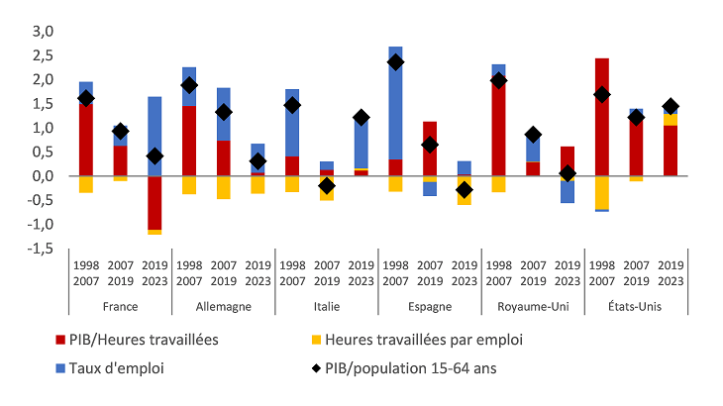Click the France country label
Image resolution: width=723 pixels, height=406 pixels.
coord(120,306)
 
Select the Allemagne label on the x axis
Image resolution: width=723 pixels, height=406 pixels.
coord(223,306)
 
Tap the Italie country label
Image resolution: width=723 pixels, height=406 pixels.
coord(326,306)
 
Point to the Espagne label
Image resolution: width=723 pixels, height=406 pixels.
coord(428,306)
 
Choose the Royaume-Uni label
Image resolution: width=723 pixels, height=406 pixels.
coord(532,306)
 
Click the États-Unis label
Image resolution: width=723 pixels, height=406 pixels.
coord(635,306)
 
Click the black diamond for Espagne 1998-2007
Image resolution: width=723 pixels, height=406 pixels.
coord(395,61)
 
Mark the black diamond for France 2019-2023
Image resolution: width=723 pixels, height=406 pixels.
coord(155,155)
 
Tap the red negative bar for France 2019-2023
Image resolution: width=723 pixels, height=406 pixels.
coord(155,202)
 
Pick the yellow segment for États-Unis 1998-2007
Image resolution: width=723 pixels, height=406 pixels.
coord(601,192)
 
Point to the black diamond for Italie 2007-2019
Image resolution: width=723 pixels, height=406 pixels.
coord(327,185)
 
